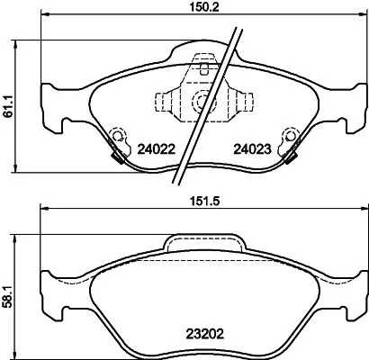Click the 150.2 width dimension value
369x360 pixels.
pyautogui.click(x=186, y=9)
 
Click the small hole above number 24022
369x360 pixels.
pyautogui.click(x=115, y=137)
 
